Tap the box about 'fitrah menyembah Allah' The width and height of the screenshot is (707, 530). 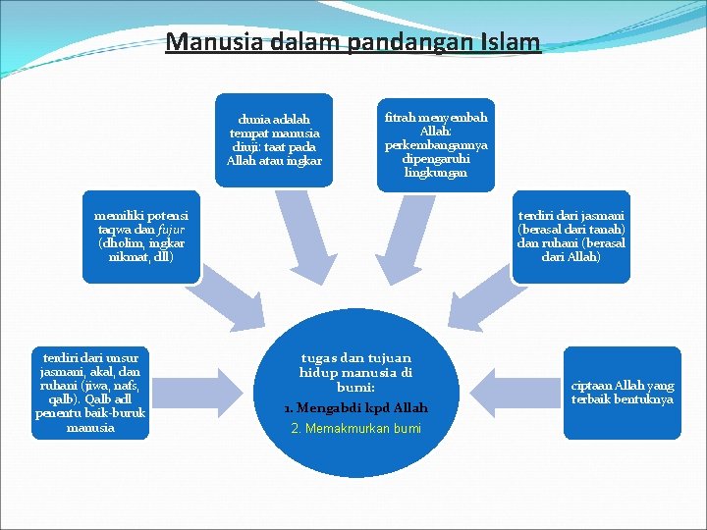coord(436,144)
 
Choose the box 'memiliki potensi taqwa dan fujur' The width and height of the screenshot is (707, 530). coord(141,236)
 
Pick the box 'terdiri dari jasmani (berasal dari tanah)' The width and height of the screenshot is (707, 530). coord(571,236)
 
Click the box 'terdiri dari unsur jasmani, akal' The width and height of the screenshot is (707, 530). coord(90,391)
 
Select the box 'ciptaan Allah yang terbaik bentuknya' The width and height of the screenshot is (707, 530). coord(622,393)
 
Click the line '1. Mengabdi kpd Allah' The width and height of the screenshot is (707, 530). coord(355,407)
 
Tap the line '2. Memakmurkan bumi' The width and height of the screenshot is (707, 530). coord(355,429)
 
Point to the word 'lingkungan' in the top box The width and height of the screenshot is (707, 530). coord(436,172)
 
